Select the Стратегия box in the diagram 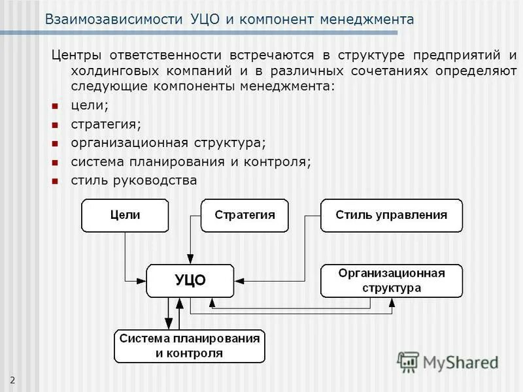pyautogui.click(x=244, y=215)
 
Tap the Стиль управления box pyautogui.click(x=391, y=215)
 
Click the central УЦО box pyautogui.click(x=190, y=280)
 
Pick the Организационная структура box pyautogui.click(x=391, y=280)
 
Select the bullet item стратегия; pyautogui.click(x=105, y=123)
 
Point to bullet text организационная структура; pyautogui.click(x=169, y=142)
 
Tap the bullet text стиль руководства pyautogui.click(x=133, y=180)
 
